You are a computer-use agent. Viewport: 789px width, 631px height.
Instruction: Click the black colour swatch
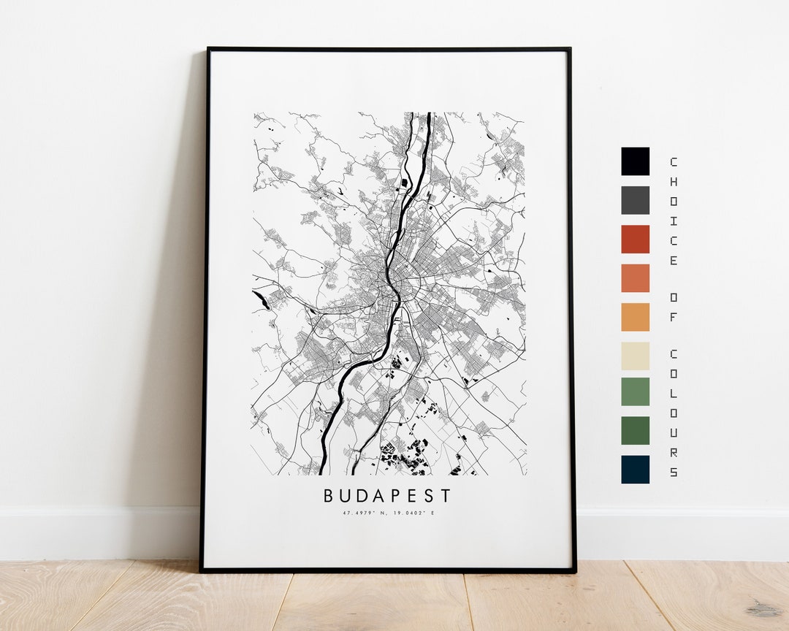point(635,161)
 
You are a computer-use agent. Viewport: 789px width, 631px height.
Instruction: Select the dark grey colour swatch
point(635,200)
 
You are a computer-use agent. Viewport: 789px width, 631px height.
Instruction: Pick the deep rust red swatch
point(635,239)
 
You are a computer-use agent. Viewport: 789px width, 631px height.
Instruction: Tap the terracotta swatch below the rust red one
point(635,278)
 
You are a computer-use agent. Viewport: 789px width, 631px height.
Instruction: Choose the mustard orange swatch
point(635,317)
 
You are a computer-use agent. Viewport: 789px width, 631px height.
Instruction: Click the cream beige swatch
point(635,356)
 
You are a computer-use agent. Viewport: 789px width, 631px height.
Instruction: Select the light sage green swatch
point(635,391)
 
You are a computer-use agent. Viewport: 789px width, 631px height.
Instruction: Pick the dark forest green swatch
point(635,430)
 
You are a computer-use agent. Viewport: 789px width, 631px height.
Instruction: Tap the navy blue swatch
point(635,470)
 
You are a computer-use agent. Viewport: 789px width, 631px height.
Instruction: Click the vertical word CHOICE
point(673,211)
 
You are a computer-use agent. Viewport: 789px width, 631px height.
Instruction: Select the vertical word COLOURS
point(673,413)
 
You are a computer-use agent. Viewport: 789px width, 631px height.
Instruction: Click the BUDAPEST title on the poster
point(387,496)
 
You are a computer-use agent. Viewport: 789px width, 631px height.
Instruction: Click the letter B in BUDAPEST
point(329,496)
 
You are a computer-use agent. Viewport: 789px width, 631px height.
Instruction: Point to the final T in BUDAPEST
point(446,496)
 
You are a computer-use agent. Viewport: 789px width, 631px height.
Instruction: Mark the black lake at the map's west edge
point(262,300)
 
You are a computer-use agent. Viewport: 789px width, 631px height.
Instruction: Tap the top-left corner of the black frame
point(209,50)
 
